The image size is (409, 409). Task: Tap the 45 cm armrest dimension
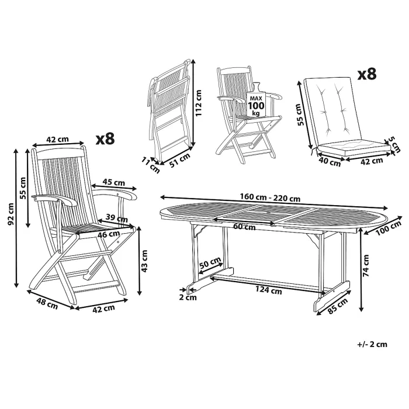pos(112,182)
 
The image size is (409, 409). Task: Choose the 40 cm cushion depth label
pos(330,162)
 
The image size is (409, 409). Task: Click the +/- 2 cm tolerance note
pos(372,344)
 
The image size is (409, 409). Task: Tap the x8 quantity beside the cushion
pos(366,74)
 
